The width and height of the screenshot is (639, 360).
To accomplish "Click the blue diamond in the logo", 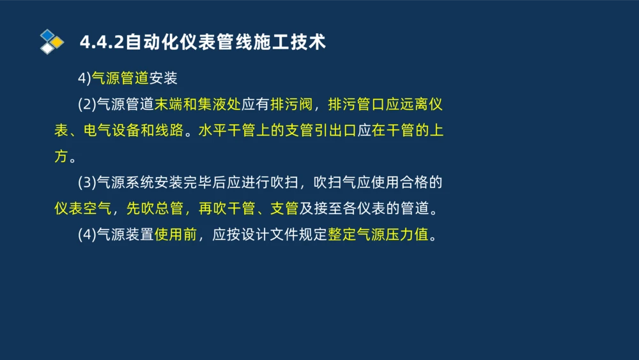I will click(x=47, y=35).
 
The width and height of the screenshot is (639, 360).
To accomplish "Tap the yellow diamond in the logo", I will click(x=57, y=42).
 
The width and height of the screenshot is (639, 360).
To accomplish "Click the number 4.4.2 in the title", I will click(x=102, y=42).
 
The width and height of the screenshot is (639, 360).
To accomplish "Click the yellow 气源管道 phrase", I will click(x=120, y=78).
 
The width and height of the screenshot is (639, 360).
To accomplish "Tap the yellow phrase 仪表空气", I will click(x=82, y=208).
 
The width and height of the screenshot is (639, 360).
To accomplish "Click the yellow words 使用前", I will click(x=175, y=235).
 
